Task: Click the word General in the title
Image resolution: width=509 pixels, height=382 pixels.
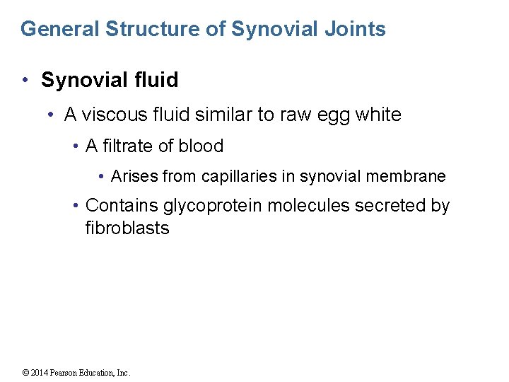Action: click(59, 29)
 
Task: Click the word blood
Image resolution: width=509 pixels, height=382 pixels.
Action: click(201, 146)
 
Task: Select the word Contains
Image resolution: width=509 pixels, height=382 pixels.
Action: click(122, 206)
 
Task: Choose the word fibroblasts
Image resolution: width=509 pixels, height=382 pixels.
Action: click(127, 228)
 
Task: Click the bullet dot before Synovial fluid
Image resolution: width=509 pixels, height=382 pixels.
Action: click(24, 81)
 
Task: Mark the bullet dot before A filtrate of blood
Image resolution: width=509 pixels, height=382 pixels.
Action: click(76, 146)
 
